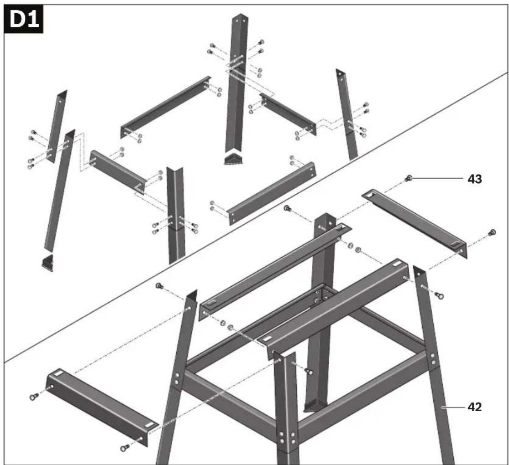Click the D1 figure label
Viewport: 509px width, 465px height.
tap(23, 20)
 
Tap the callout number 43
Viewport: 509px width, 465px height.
tap(475, 179)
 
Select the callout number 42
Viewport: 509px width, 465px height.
tap(475, 407)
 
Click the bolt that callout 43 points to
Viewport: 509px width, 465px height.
tap(408, 178)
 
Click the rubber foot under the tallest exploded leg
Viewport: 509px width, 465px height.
tap(233, 160)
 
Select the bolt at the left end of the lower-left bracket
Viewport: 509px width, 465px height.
tap(34, 396)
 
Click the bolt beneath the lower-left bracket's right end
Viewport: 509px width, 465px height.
tap(125, 448)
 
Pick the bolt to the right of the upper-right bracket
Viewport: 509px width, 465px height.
tap(492, 232)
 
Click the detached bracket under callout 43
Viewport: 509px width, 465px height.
tap(415, 224)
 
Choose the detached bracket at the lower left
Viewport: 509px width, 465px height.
tap(103, 407)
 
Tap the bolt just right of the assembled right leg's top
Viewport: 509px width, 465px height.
tap(439, 295)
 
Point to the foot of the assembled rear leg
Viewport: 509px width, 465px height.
tap(314, 406)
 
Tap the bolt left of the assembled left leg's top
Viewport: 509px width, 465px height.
tap(159, 285)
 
